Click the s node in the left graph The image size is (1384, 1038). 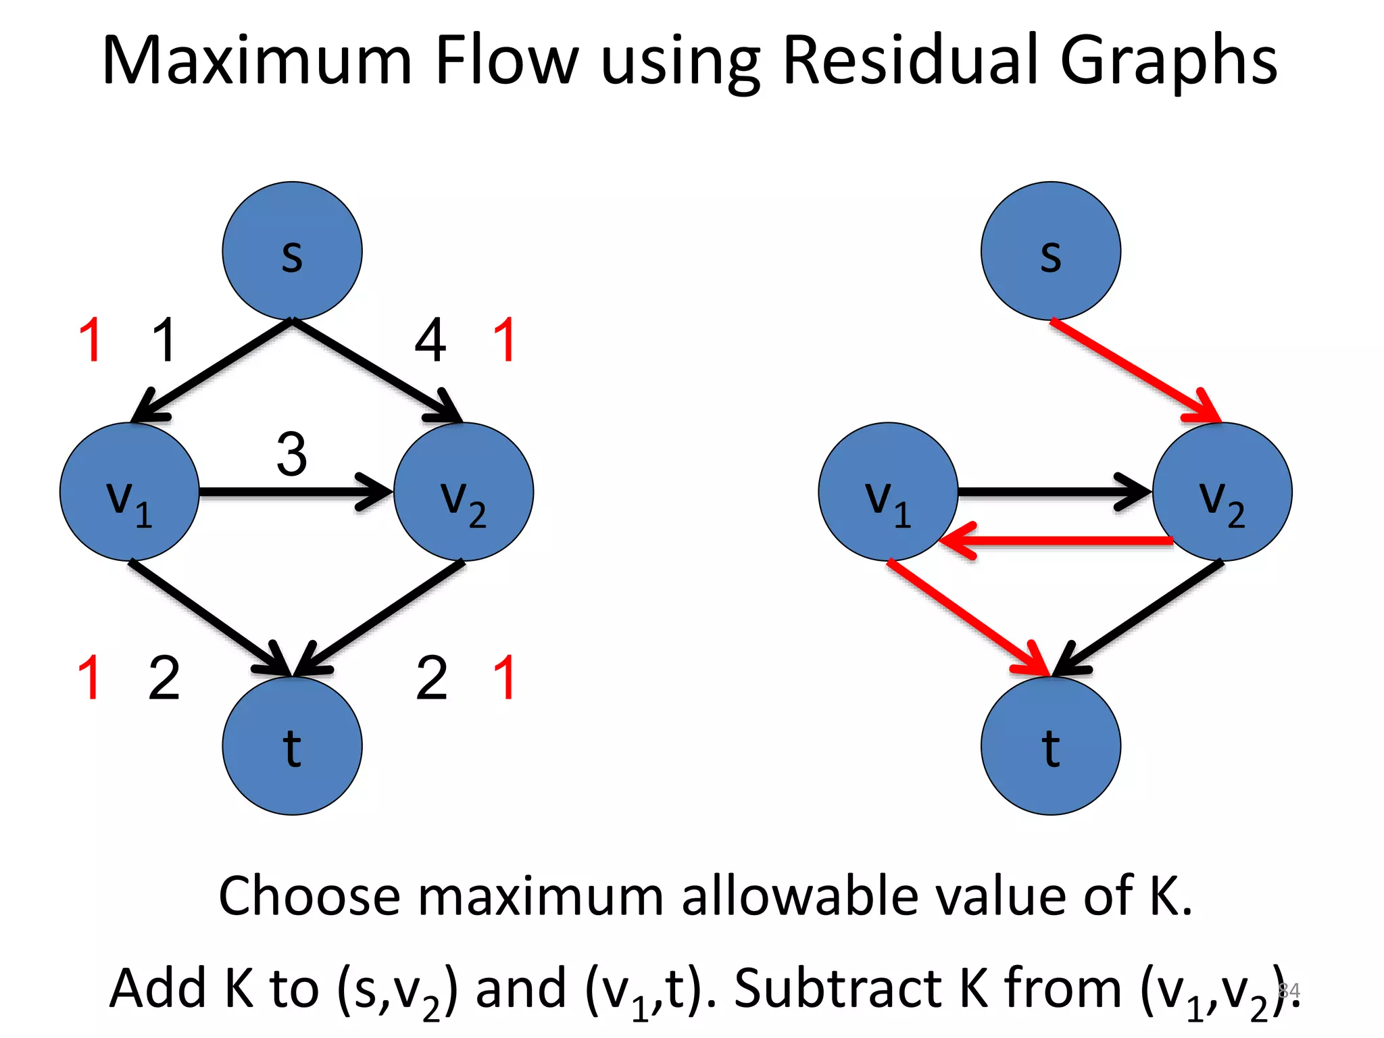pyautogui.click(x=292, y=251)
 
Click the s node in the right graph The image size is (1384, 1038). pyautogui.click(x=1050, y=251)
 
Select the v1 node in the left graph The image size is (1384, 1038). pyautogui.click(x=129, y=492)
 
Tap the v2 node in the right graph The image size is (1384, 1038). pyautogui.click(x=1222, y=492)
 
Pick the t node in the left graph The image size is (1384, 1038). pyautogui.click(x=292, y=746)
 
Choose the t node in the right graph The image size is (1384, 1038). pyautogui.click(x=1050, y=746)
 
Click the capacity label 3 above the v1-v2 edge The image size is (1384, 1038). pyautogui.click(x=292, y=455)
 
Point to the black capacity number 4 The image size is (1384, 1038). pyautogui.click(x=430, y=341)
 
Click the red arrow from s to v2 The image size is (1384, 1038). pyautogui.click(x=1135, y=371)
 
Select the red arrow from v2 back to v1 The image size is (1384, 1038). pyautogui.click(x=1061, y=541)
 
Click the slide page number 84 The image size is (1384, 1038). pyautogui.click(x=1289, y=991)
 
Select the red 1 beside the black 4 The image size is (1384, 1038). pyautogui.click(x=504, y=341)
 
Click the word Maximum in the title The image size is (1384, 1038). pyautogui.click(x=257, y=61)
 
